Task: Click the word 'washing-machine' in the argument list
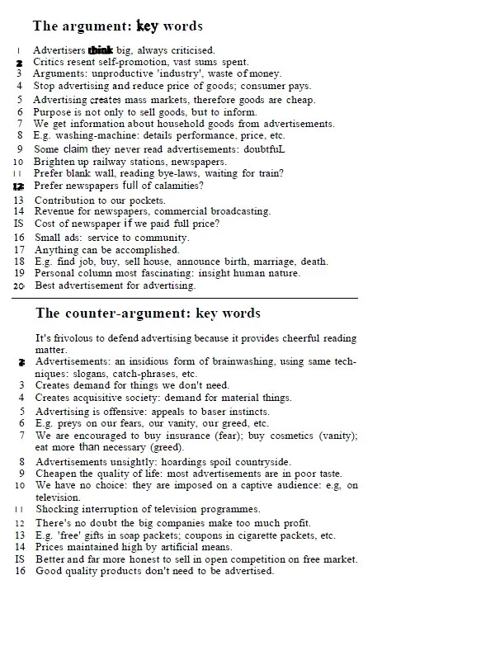pyautogui.click(x=93, y=135)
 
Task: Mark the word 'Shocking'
pyautogui.click(x=58, y=509)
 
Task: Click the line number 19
pyautogui.click(x=19, y=273)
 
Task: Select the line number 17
pyautogui.click(x=19, y=249)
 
